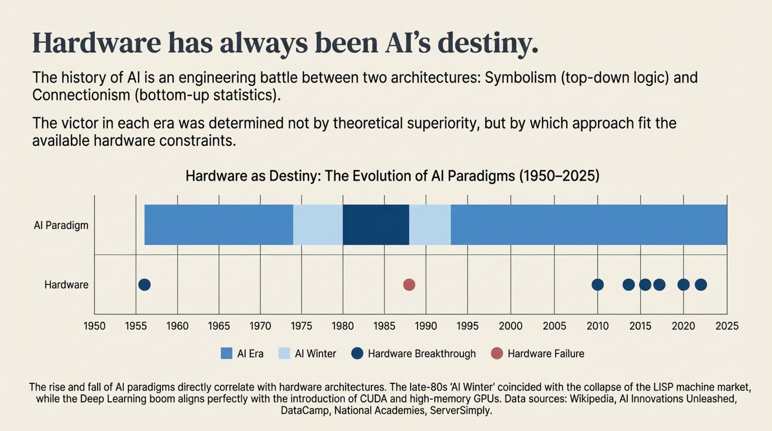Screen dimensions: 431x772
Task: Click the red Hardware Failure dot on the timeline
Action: point(409,285)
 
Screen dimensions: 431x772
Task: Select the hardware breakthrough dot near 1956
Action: point(144,285)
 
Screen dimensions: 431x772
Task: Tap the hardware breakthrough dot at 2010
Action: point(597,285)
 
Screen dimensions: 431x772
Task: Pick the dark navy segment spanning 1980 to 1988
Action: point(376,225)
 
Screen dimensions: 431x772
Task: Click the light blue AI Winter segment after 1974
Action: point(318,225)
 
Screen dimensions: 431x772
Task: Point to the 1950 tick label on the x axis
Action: point(94,326)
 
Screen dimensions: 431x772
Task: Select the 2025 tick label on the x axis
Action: point(727,326)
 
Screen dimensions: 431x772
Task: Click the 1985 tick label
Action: point(384,326)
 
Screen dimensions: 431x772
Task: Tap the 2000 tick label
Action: point(511,326)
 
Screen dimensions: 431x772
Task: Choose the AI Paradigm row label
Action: point(61,225)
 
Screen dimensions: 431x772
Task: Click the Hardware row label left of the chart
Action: point(66,285)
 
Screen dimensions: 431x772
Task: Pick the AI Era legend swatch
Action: point(227,353)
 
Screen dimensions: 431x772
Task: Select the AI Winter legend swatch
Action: point(284,353)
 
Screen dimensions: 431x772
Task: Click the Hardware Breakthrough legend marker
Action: point(357,353)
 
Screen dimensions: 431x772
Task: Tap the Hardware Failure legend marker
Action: point(497,353)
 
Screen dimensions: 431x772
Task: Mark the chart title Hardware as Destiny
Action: point(392,176)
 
